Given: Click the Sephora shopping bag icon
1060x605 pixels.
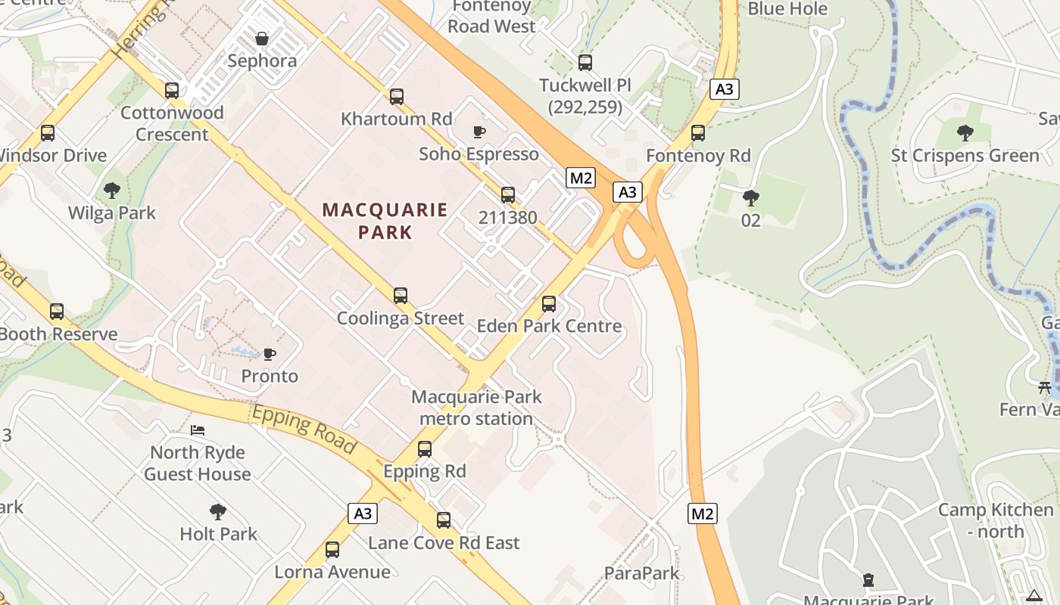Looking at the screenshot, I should pos(262,39).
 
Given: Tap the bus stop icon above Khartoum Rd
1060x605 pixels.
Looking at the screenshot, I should pos(397,97).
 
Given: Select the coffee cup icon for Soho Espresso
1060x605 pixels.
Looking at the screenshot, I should pos(479,132).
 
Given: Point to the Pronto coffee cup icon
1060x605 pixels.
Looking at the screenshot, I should pos(269,354).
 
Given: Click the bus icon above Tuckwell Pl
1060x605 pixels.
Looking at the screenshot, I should pos(585,63).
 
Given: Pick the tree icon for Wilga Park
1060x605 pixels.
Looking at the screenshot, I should pos(112,191).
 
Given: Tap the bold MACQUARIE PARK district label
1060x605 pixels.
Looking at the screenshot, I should pos(385,221).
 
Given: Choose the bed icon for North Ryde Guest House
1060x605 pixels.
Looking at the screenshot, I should pos(198,430).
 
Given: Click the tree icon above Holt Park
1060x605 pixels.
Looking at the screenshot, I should pos(218,512).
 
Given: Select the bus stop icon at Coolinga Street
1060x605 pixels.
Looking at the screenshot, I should pos(401,296).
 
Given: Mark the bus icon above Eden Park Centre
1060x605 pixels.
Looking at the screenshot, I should pos(549,304).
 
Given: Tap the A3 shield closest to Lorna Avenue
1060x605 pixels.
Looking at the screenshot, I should pos(363,513).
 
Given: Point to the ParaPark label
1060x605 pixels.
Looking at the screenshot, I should pos(642,573).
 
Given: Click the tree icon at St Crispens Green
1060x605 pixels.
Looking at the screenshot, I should pos(965,134).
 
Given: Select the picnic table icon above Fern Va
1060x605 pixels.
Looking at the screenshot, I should pos(1045,388).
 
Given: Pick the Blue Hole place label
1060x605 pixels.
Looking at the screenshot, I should pos(787,9).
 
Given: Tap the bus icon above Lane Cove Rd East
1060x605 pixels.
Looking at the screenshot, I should pos(444,520).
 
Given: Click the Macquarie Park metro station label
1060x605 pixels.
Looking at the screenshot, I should pos(476,408).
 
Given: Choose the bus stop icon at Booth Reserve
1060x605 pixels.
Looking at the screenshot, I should pos(57,312).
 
